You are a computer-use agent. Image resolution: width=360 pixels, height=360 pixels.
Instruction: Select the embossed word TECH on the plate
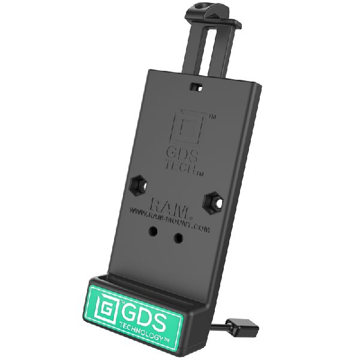tap(185, 164)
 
